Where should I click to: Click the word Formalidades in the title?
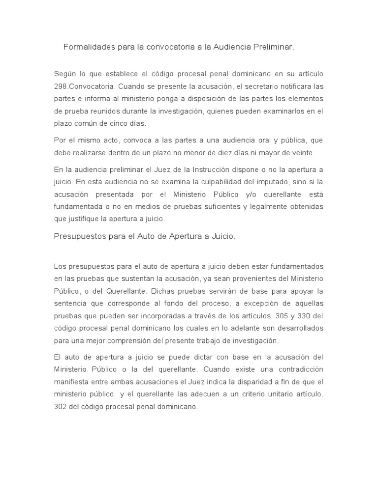tap(87, 48)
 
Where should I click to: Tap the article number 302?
tap(61, 407)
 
